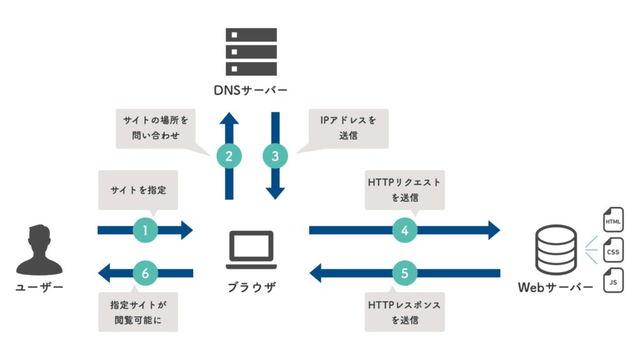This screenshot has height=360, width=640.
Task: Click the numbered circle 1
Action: click(145, 230)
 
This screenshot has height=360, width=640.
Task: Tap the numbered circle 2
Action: click(229, 156)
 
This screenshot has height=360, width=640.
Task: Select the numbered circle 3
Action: click(275, 156)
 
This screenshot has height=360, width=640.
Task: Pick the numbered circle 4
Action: click(405, 230)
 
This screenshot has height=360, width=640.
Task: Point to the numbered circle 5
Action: click(405, 272)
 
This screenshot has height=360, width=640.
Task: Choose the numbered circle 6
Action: click(145, 272)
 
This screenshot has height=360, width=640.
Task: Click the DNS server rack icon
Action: click(251, 51)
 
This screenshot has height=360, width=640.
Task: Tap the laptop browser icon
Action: click(251, 246)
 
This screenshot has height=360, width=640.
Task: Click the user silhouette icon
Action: click(39, 251)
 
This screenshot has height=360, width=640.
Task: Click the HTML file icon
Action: click(612, 221)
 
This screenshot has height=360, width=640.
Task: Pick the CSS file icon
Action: click(612, 251)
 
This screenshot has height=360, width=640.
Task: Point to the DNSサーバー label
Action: click(251, 92)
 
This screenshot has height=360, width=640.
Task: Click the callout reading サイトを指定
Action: click(138, 190)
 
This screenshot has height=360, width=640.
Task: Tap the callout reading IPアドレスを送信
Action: click(349, 127)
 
